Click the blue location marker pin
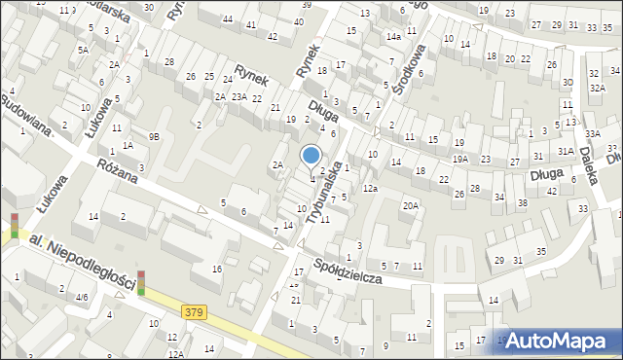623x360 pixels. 311,156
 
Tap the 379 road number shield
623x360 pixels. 194,311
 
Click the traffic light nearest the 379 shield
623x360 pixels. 141,282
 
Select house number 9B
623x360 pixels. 154,137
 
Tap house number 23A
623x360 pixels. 238,96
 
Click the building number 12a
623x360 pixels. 370,188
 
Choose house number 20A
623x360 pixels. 412,205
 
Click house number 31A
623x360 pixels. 566,151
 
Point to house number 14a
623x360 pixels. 392,36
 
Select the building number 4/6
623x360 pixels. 83,297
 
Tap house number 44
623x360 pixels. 227,19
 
